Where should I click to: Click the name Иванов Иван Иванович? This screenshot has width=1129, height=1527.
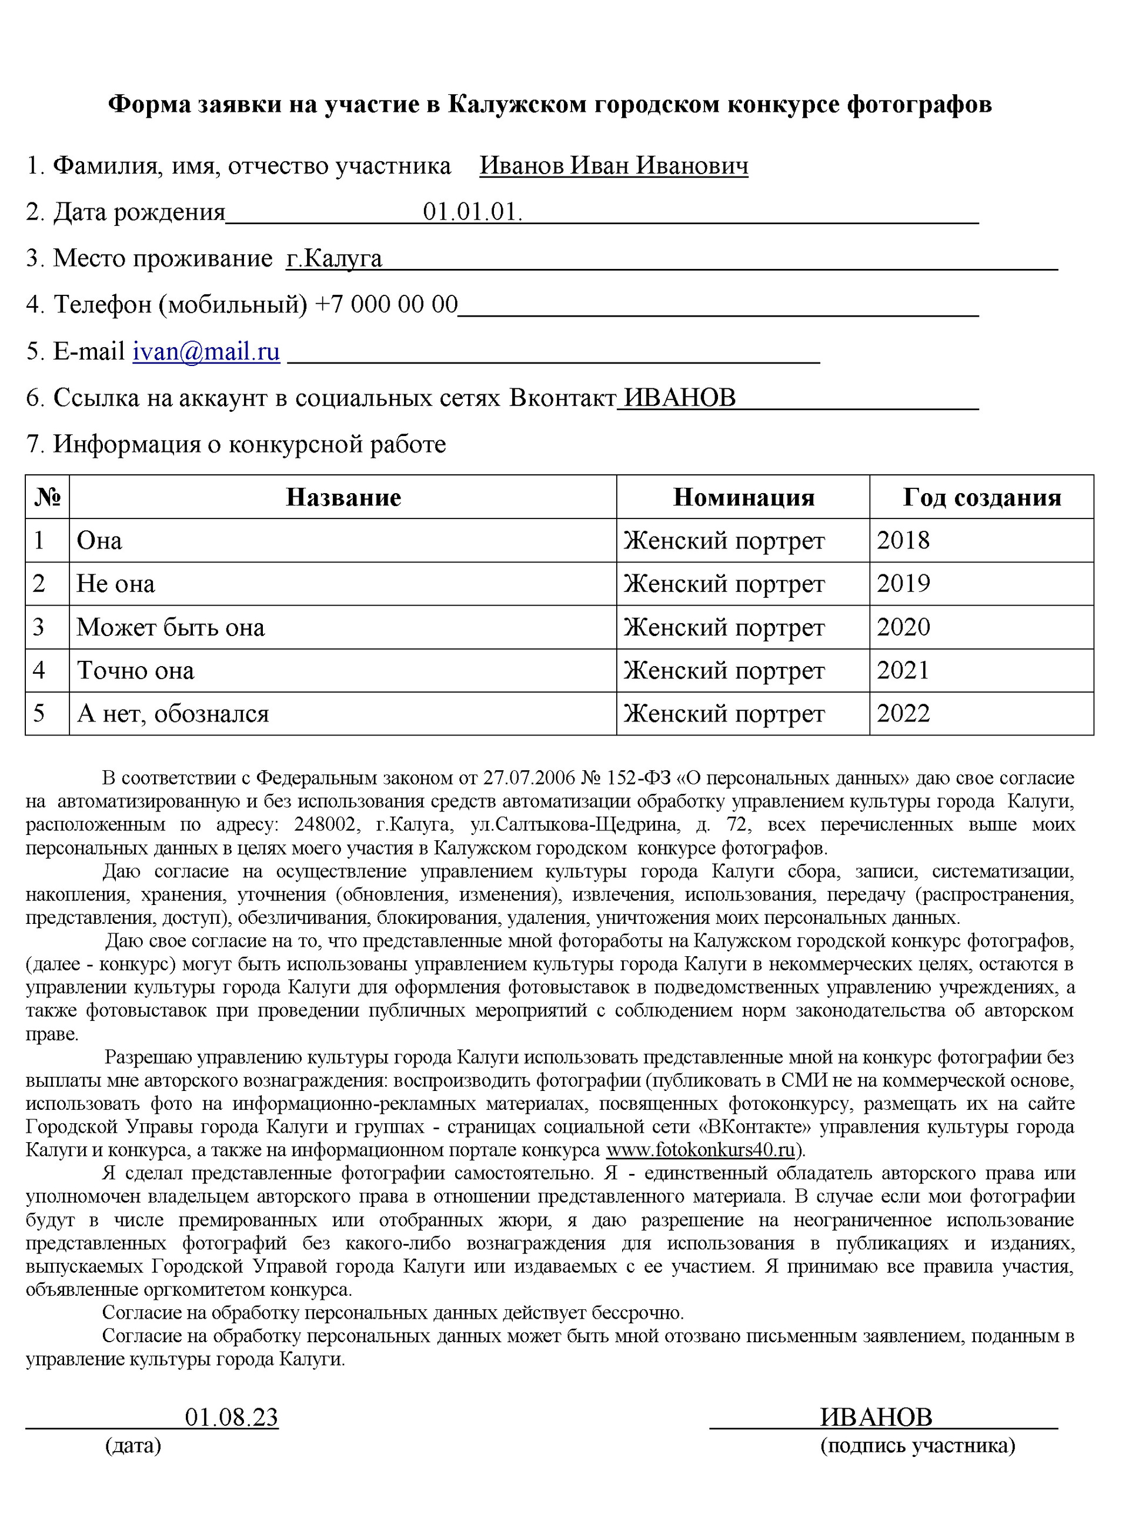click(613, 165)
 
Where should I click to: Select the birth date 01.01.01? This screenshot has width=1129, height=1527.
click(472, 212)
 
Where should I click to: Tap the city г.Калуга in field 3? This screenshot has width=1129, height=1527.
click(333, 258)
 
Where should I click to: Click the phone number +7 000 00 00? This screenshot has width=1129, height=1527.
click(386, 304)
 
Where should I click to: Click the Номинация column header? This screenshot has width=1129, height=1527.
click(744, 497)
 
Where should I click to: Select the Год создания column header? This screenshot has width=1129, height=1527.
click(981, 497)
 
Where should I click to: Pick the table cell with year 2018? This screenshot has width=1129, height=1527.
click(903, 540)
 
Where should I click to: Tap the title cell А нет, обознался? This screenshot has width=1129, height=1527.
click(173, 713)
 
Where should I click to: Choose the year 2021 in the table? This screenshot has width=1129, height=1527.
click(903, 670)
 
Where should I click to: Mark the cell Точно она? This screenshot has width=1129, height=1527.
click(135, 670)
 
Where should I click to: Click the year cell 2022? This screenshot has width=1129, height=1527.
click(903, 713)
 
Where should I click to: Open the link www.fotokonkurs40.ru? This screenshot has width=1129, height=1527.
click(700, 1150)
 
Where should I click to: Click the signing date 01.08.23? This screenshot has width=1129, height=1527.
click(232, 1418)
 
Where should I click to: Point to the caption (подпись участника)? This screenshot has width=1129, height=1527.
click(917, 1445)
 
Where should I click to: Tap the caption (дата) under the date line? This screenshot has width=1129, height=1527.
click(133, 1445)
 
